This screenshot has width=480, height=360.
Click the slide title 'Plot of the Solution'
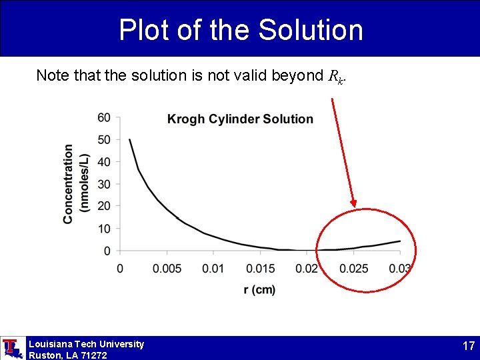point(241,30)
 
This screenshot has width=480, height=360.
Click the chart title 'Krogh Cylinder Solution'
point(240,119)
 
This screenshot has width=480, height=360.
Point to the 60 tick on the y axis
point(105,118)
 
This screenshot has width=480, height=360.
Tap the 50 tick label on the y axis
point(105,140)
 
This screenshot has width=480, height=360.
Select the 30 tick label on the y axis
point(105,184)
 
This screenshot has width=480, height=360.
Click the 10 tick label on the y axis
point(105,229)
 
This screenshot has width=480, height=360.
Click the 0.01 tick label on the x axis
point(213,268)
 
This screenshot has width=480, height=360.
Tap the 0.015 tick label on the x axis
point(260,268)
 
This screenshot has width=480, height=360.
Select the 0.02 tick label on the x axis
point(307,268)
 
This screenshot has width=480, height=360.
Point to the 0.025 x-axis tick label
point(353,268)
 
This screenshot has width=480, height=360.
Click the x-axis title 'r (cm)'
point(260,289)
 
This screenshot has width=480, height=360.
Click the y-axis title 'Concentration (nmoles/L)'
point(76,184)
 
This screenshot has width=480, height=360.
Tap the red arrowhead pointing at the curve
point(353,203)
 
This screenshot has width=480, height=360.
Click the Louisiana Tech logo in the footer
point(13,348)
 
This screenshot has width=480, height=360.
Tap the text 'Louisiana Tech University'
point(86,344)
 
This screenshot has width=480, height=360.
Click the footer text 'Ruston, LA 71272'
point(67,355)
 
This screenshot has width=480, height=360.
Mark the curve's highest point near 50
point(129,139)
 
